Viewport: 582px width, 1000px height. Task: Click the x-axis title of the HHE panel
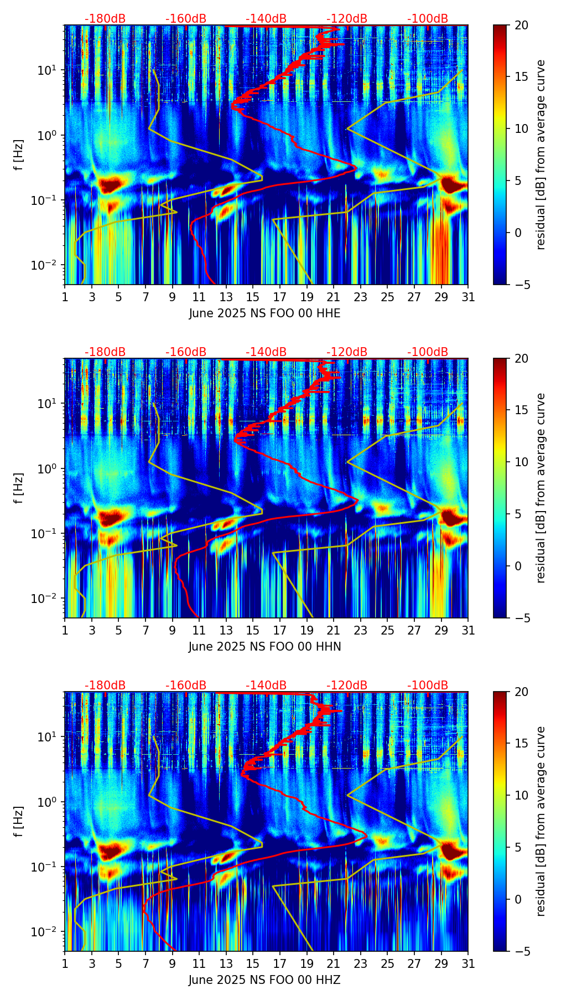pos(264,313)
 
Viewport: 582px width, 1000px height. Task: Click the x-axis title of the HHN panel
pos(264,647)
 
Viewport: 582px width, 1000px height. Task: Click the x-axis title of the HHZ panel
pos(264,980)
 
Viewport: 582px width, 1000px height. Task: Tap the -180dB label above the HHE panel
pos(105,19)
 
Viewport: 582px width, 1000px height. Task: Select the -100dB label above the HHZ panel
pos(428,685)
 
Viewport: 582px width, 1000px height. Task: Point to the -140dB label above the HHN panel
pos(266,352)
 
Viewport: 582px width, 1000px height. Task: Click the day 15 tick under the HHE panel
pos(253,297)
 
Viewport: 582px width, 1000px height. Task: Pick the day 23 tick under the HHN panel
pos(360,630)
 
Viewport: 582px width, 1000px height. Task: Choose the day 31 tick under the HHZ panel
pos(468,963)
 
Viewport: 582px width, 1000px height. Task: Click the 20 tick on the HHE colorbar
pos(521,25)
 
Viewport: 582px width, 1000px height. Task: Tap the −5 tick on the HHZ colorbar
pos(521,951)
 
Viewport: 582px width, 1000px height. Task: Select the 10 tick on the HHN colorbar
pos(521,462)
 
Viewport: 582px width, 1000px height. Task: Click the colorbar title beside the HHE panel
pos(541,154)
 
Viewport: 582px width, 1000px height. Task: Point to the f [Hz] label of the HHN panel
pos(18,488)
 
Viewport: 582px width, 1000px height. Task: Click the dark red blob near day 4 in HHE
pos(110,184)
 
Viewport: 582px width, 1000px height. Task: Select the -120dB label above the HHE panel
pos(347,19)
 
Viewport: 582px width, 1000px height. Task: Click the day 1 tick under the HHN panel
pos(65,630)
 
